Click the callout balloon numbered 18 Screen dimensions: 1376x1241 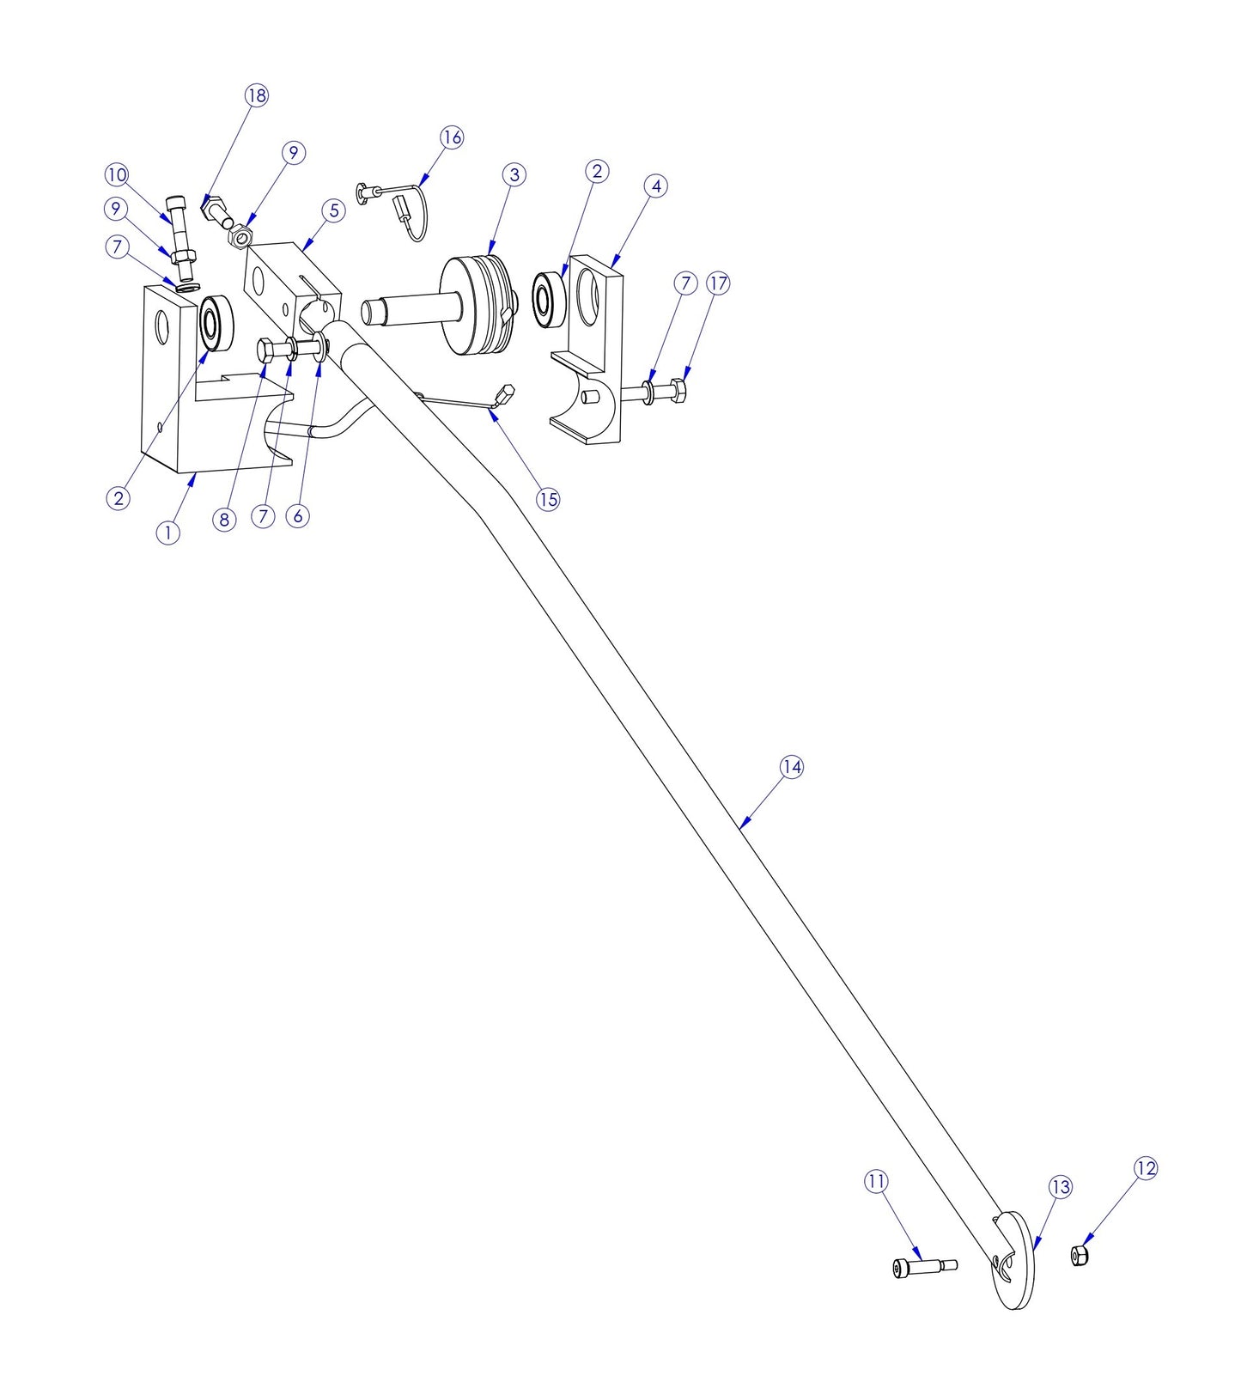pyautogui.click(x=257, y=95)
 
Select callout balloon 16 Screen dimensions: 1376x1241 pyautogui.click(x=452, y=137)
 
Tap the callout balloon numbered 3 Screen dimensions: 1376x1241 pyautogui.click(x=514, y=175)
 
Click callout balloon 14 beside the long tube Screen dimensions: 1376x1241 pyautogui.click(x=791, y=767)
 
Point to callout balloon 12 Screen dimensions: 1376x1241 pyautogui.click(x=1146, y=1168)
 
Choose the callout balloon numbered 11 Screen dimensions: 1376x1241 pyautogui.click(x=875, y=1182)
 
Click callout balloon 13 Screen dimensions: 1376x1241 pyautogui.click(x=1061, y=1187)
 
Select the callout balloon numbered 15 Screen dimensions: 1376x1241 pyautogui.click(x=548, y=499)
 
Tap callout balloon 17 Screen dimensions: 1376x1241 pyautogui.click(x=718, y=283)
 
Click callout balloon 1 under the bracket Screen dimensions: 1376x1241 pyautogui.click(x=168, y=533)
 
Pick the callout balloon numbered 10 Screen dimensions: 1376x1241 pyautogui.click(x=117, y=175)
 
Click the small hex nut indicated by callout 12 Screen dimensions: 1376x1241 pyautogui.click(x=1080, y=1255)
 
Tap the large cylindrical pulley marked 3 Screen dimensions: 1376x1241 pyautogui.click(x=477, y=305)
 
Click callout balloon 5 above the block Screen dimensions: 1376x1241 pyautogui.click(x=333, y=211)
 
